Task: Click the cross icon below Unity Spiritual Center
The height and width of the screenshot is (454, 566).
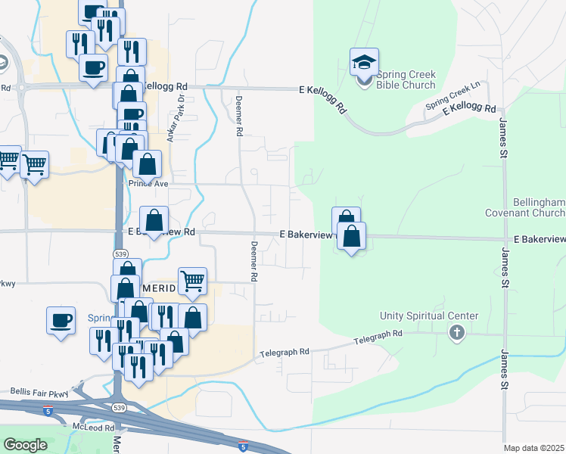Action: pyautogui.click(x=456, y=332)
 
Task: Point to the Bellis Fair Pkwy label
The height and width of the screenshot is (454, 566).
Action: pyautogui.click(x=39, y=392)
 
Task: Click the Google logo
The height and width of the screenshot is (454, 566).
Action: pyautogui.click(x=25, y=445)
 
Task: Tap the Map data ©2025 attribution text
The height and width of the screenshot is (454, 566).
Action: pyautogui.click(x=533, y=448)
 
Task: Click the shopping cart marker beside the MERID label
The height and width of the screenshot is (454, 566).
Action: pyautogui.click(x=193, y=281)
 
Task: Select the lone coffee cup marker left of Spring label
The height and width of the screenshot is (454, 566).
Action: pyautogui.click(x=61, y=319)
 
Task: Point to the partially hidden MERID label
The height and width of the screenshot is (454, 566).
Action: pyautogui.click(x=159, y=289)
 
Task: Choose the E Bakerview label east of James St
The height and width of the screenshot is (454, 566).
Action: pyautogui.click(x=539, y=239)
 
